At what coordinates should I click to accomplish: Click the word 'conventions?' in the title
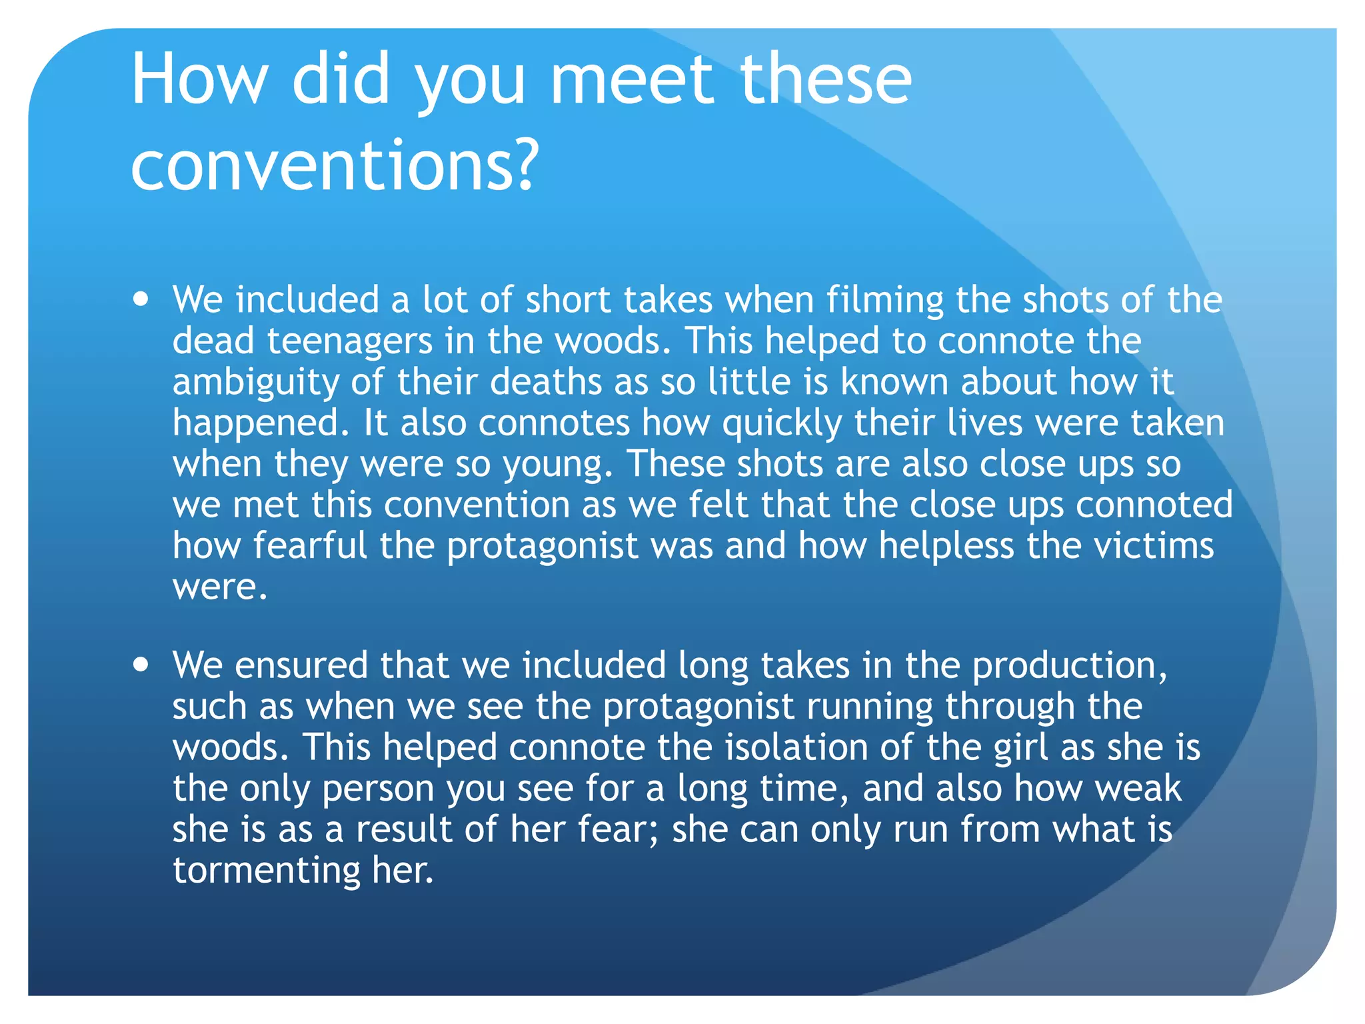(x=333, y=165)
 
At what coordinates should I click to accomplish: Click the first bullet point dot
(x=141, y=299)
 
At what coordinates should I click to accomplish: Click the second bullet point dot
(x=141, y=665)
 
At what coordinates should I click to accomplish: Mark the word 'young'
(x=557, y=465)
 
